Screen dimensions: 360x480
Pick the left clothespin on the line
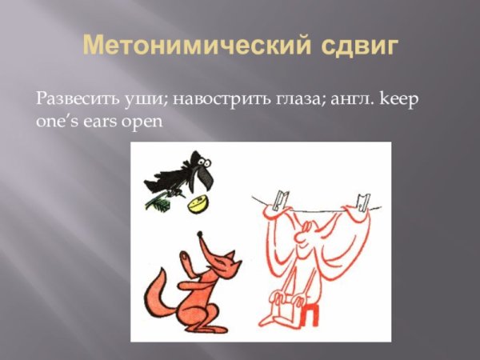[x=278, y=197]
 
